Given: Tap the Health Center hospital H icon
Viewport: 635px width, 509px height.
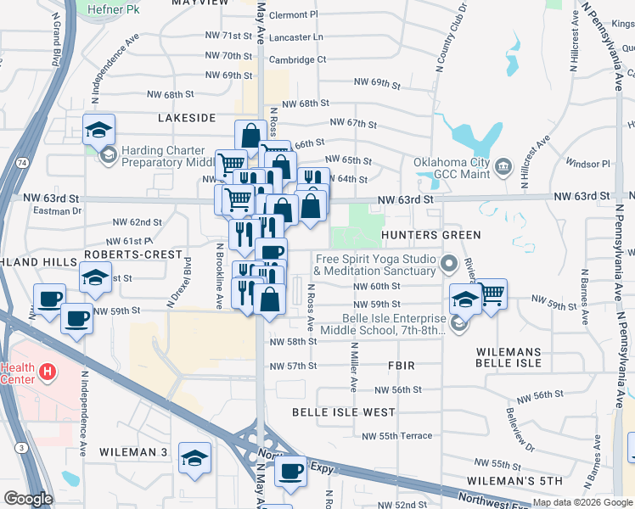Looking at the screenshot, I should pos(48,371).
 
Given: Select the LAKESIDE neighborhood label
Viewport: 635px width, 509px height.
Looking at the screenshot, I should pos(187,117).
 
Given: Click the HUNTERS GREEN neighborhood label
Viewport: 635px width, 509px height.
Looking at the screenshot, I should pos(431,234).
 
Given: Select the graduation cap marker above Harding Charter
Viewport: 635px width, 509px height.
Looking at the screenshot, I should pos(98,130).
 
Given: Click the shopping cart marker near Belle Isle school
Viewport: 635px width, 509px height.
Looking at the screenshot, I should pos(492,294).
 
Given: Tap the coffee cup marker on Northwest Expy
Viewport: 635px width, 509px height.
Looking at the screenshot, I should pos(290,471).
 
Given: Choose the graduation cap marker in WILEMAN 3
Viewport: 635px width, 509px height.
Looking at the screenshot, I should pos(195,457).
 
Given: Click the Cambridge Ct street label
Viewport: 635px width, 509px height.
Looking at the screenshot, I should pos(297,59).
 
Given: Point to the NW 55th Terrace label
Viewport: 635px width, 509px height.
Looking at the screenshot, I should pos(397,436).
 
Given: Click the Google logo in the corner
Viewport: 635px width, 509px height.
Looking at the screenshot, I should pos(28,499).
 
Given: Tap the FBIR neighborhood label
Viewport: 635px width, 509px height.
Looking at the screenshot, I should pos(401,366).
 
